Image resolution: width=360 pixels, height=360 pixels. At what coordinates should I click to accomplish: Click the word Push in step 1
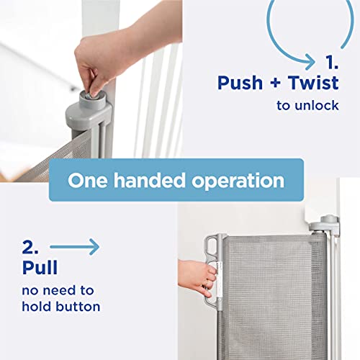(x=240, y=83)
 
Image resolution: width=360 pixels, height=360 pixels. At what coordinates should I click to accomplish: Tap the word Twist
(x=313, y=83)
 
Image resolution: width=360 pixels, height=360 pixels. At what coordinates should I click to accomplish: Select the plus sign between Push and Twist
(x=275, y=83)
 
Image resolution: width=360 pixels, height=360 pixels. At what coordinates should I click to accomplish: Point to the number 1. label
(x=332, y=63)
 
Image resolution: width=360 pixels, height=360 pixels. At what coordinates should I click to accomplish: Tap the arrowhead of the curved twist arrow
(x=310, y=62)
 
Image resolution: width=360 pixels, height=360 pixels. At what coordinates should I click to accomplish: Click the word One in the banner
(x=88, y=180)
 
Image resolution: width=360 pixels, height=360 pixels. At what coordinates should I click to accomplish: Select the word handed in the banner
(x=149, y=180)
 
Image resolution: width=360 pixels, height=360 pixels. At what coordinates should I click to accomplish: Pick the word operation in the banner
(x=238, y=181)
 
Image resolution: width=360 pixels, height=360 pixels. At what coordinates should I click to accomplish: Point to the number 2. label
(x=30, y=247)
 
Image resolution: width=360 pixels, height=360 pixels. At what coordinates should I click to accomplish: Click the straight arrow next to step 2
(x=75, y=247)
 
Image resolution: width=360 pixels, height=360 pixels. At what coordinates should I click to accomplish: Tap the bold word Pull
(x=40, y=267)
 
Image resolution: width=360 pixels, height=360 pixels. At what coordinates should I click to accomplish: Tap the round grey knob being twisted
(x=92, y=98)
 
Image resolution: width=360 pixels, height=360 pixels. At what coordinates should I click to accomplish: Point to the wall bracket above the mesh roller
(x=325, y=225)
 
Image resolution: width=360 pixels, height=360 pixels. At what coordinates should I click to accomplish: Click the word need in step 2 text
(x=59, y=290)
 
